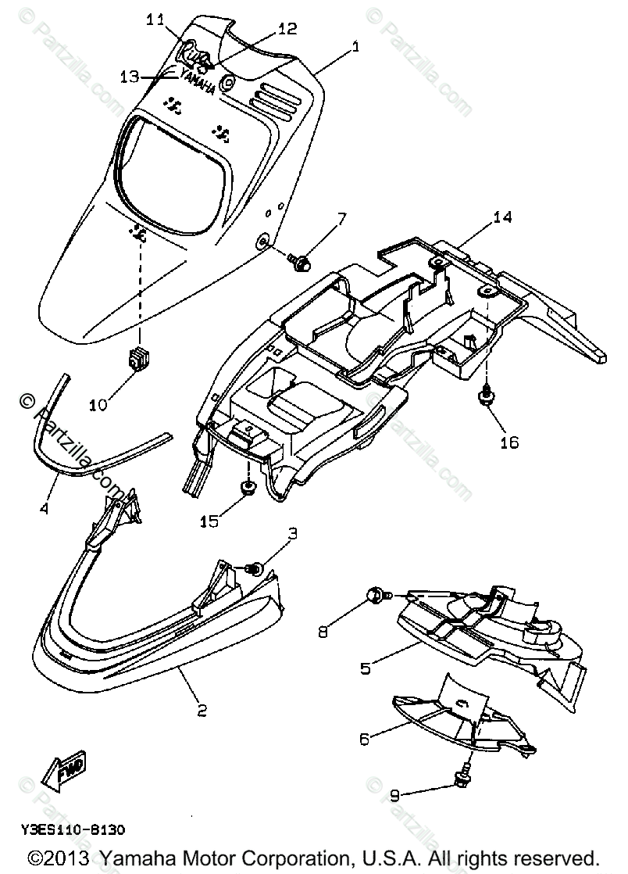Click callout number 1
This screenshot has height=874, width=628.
tap(355, 48)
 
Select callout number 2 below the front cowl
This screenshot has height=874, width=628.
tap(201, 711)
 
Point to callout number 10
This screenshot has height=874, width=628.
tap(98, 406)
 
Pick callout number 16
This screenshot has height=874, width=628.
tap(508, 442)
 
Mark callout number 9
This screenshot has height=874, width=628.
tap(395, 796)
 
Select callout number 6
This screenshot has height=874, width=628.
tap(366, 736)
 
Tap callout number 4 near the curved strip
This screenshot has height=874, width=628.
tap(44, 509)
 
